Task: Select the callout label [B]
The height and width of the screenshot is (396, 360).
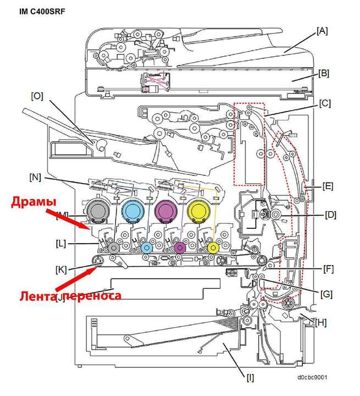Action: click(x=324, y=73)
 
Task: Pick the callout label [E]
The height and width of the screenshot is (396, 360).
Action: click(x=328, y=185)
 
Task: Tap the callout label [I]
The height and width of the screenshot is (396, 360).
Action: click(x=251, y=377)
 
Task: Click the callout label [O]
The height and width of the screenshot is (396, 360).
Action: click(x=37, y=95)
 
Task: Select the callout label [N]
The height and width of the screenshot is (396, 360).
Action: click(x=35, y=177)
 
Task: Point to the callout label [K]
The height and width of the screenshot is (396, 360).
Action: click(x=61, y=269)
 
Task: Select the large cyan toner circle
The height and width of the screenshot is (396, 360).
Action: click(x=132, y=210)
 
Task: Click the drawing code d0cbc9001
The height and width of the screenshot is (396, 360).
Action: click(x=313, y=378)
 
